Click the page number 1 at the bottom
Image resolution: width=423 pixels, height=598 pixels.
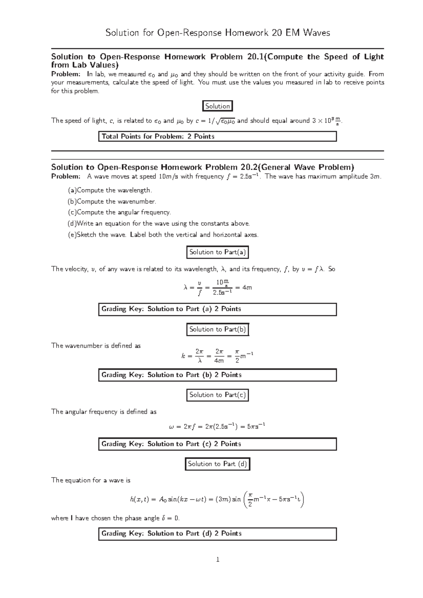pos(217,559)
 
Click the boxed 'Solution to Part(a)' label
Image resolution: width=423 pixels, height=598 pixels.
pos(217,252)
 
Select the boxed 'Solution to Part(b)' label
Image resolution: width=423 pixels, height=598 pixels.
pos(217,329)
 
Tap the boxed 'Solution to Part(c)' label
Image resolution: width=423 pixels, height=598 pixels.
pos(217,395)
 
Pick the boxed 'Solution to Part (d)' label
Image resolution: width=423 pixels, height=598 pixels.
pos(217,464)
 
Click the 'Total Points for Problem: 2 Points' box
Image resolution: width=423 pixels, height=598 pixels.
pos(217,136)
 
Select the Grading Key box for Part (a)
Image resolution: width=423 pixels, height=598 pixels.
pos(217,309)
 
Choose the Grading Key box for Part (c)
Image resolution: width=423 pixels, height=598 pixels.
pos(217,444)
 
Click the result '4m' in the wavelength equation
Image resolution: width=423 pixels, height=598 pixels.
pos(247,287)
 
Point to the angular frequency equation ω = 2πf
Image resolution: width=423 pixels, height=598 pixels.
pos(217,426)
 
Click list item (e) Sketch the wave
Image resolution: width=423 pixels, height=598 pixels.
pos(163,235)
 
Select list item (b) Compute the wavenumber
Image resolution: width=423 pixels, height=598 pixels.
pos(112,201)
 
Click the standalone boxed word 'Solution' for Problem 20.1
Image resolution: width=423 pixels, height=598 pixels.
pos(217,106)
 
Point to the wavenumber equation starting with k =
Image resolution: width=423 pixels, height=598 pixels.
pos(217,356)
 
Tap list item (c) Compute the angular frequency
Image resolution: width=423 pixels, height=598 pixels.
pos(119,212)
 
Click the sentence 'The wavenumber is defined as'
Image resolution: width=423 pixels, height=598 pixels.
pos(96,346)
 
